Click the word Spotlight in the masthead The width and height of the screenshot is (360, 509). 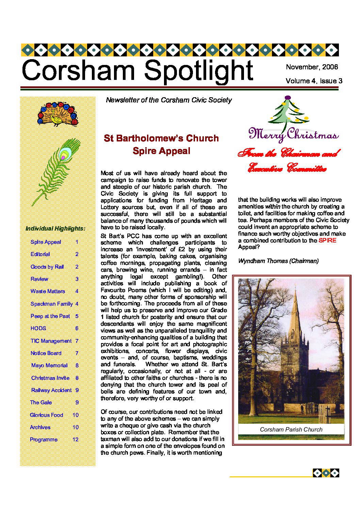(x=198, y=71)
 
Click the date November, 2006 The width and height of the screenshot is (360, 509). (x=312, y=67)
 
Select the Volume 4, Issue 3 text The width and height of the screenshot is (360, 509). (x=314, y=81)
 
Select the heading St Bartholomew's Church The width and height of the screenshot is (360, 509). (x=161, y=138)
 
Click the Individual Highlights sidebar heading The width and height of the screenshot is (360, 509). (x=55, y=228)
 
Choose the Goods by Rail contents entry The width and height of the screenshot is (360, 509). (x=47, y=267)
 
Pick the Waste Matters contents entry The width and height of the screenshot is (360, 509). (x=48, y=291)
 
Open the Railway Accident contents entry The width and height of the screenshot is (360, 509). (x=51, y=390)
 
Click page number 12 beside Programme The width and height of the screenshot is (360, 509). (x=76, y=440)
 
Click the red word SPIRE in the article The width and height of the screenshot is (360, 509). (x=327, y=240)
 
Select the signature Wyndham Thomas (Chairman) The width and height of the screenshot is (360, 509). (x=278, y=261)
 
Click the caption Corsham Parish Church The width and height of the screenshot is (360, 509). (x=291, y=429)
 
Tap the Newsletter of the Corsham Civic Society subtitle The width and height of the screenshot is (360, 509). (x=169, y=100)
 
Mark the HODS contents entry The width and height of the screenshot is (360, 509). (x=38, y=328)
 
